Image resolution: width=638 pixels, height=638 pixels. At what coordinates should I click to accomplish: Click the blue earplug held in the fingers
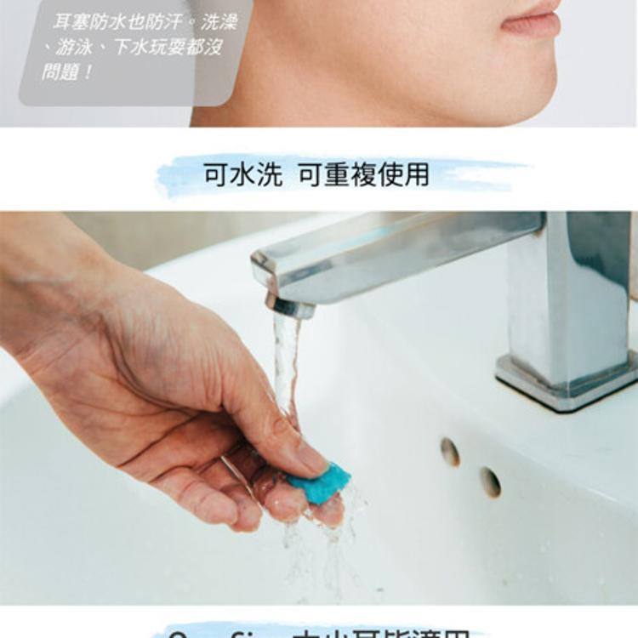pyautogui.click(x=319, y=483)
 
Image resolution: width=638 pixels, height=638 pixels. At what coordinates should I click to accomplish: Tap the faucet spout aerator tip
pyautogui.click(x=289, y=305)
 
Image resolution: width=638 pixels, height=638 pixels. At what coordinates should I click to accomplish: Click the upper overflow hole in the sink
pyautogui.click(x=450, y=452)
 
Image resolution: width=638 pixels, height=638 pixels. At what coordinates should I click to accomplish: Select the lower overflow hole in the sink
pyautogui.click(x=490, y=482)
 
